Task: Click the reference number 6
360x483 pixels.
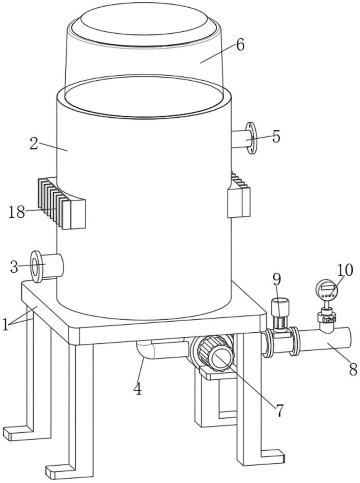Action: click(240, 45)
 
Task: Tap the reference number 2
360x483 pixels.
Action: click(34, 143)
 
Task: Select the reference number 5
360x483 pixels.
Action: click(276, 137)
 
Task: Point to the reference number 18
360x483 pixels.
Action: click(16, 212)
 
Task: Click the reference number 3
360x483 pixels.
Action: click(14, 267)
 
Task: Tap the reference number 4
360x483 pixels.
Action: click(138, 389)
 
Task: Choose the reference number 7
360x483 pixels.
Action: click(279, 411)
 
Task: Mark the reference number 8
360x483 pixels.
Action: click(353, 369)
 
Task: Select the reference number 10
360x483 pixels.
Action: click(345, 270)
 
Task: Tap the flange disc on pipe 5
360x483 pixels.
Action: click(251, 138)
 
